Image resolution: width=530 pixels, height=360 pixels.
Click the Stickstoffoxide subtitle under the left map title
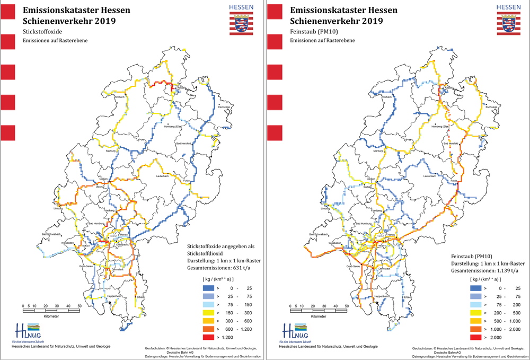41,32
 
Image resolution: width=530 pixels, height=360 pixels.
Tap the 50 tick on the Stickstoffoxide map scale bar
79,306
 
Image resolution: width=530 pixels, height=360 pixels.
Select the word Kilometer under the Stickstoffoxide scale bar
52,317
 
